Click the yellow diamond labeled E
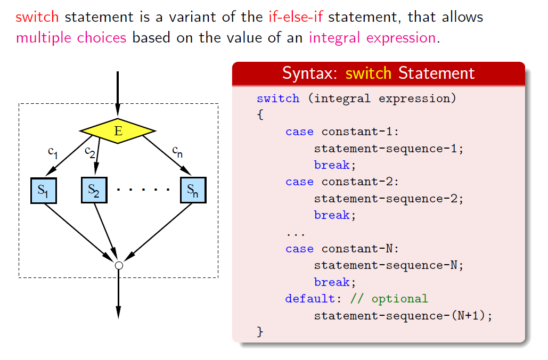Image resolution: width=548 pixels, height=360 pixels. click(x=118, y=130)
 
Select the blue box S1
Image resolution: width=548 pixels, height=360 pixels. click(x=44, y=191)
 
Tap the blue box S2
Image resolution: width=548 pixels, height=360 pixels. click(x=94, y=190)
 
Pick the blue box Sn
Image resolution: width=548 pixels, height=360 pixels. click(x=193, y=190)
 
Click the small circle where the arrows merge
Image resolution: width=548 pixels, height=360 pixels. click(x=119, y=266)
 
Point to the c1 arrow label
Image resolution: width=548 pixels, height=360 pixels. click(x=53, y=152)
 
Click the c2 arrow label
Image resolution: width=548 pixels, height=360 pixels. click(x=90, y=152)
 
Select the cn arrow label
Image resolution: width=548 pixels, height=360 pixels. click(x=177, y=152)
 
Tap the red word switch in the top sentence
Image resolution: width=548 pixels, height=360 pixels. click(x=37, y=17)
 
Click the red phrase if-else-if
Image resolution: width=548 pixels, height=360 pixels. click(x=296, y=17)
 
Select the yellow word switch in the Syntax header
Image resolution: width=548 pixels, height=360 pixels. click(x=369, y=73)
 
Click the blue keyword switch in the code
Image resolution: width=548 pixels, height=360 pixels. click(x=278, y=99)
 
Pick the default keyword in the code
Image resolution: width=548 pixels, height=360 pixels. click(x=310, y=299)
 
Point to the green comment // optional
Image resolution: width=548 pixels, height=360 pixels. click(x=389, y=299)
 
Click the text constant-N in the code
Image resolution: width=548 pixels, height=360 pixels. click(x=358, y=249)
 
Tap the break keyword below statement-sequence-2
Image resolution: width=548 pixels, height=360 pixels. click(x=332, y=215)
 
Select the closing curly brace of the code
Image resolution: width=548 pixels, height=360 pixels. click(x=260, y=332)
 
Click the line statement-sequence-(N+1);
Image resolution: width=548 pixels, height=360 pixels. click(x=403, y=316)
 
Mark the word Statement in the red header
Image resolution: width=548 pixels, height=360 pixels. click(x=437, y=73)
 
